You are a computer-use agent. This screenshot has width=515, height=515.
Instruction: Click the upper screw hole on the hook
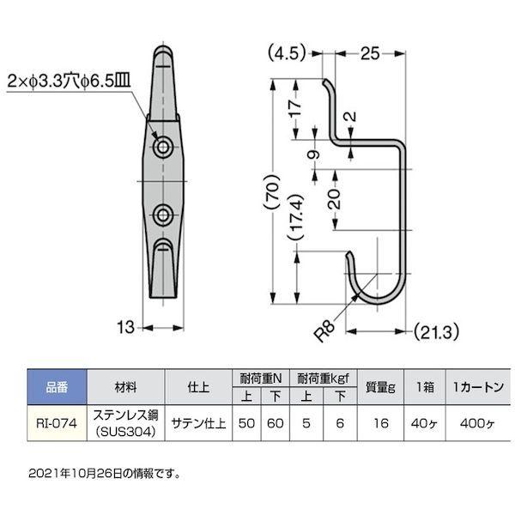(x=163, y=149)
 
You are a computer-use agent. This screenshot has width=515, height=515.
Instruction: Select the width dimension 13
(x=125, y=326)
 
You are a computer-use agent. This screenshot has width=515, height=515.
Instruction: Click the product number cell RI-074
(x=53, y=421)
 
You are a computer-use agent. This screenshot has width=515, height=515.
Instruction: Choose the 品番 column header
(x=53, y=385)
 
